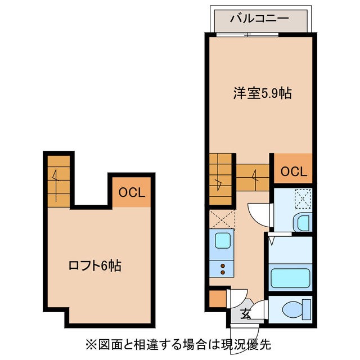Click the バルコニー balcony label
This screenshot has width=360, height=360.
coord(259,19)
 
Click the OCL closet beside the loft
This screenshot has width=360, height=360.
coord(132,192)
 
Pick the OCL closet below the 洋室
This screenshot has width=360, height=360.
coord(293,172)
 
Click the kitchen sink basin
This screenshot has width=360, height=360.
coord(223,241)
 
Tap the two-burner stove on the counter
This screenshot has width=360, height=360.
coord(223,268)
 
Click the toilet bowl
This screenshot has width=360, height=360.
coord(294,309)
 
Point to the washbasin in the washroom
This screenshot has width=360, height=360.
coord(303,223)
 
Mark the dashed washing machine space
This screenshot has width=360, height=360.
coord(303,199)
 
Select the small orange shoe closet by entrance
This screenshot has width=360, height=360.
coord(217,299)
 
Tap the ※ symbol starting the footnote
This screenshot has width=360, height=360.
coord(91,343)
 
